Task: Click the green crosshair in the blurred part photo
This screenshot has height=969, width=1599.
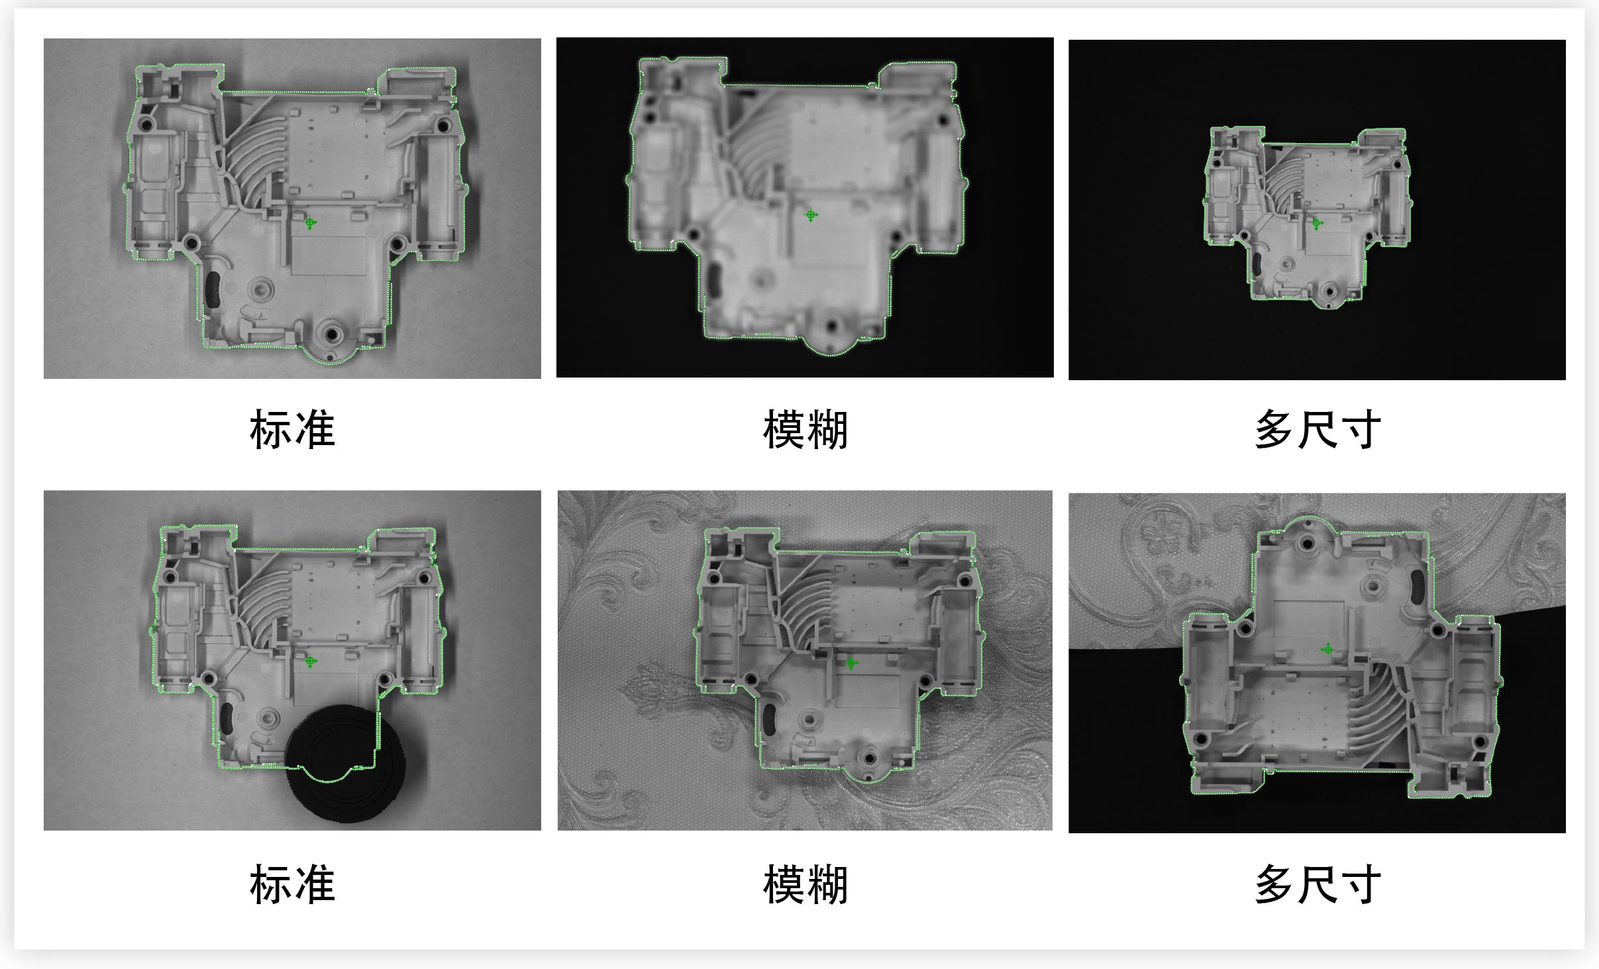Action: pos(811,215)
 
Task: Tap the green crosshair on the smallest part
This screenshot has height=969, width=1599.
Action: pos(1317,223)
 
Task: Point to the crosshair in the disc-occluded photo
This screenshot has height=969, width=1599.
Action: pos(310,660)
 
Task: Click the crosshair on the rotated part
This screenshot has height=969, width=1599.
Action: pos(1327,649)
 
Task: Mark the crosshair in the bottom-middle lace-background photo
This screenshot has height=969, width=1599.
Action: pos(851,662)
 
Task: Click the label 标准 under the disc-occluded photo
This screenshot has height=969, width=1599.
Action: pos(292,884)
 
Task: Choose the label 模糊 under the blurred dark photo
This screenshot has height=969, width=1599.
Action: pos(805,429)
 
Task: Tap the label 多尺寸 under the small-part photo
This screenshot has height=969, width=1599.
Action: pos(1317,429)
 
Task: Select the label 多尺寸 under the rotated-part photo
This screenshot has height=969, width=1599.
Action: pos(1317,884)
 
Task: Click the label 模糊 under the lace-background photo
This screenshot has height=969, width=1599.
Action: pos(805,884)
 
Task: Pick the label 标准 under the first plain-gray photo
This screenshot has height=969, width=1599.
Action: pos(292,429)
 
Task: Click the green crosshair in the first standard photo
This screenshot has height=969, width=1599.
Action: pos(310,223)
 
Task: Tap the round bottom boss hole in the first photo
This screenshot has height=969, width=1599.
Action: pos(331,334)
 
